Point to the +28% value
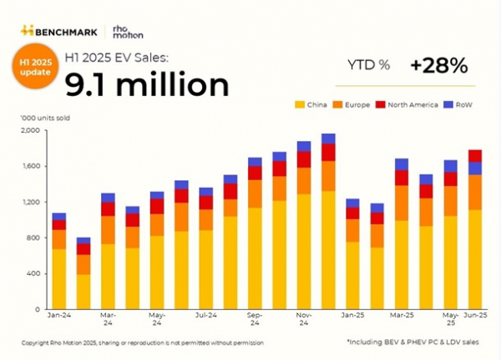(438, 65)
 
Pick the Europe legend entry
(353, 105)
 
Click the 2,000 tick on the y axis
(29, 130)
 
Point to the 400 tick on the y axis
(32, 273)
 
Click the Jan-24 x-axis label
(58, 317)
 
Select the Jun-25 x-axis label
(474, 317)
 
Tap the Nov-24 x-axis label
(303, 321)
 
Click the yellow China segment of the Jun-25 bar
(474, 259)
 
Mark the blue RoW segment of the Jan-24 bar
(58, 216)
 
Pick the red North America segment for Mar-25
(402, 177)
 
